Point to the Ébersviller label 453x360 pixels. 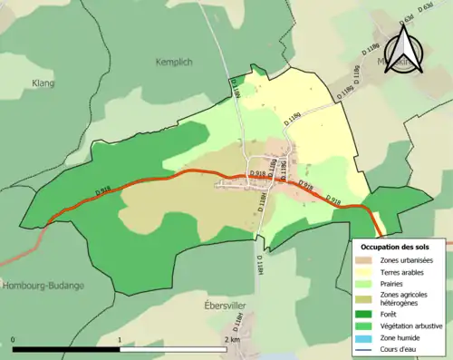[x=226, y=306]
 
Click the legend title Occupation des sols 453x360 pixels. [x=395, y=247]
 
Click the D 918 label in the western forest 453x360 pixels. [x=103, y=190]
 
